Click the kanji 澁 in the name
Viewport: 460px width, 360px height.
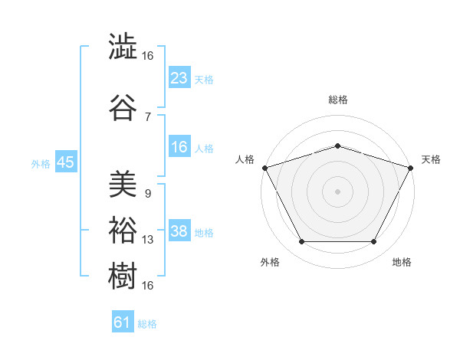123,46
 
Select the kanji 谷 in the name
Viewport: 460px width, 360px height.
123,107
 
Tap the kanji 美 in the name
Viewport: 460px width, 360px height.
123,184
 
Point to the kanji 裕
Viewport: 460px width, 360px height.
123,230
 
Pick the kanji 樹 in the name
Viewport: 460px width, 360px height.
123,276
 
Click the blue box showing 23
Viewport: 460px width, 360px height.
179,77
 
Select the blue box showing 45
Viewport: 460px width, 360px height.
66,162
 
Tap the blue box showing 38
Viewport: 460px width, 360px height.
179,230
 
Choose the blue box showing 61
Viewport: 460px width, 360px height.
123,321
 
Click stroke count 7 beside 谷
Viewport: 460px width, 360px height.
148,117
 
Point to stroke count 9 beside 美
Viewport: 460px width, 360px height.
148,194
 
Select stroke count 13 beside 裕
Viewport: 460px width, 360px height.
147,240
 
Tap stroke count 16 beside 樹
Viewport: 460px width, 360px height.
147,286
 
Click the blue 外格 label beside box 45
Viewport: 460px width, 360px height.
41,164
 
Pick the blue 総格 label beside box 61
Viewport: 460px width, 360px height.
147,324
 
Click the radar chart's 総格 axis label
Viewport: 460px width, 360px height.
338,100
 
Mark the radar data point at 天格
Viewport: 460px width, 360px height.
411,168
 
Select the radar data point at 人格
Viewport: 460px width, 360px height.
265,168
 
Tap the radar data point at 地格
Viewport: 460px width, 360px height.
373,241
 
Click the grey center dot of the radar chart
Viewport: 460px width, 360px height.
337,191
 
